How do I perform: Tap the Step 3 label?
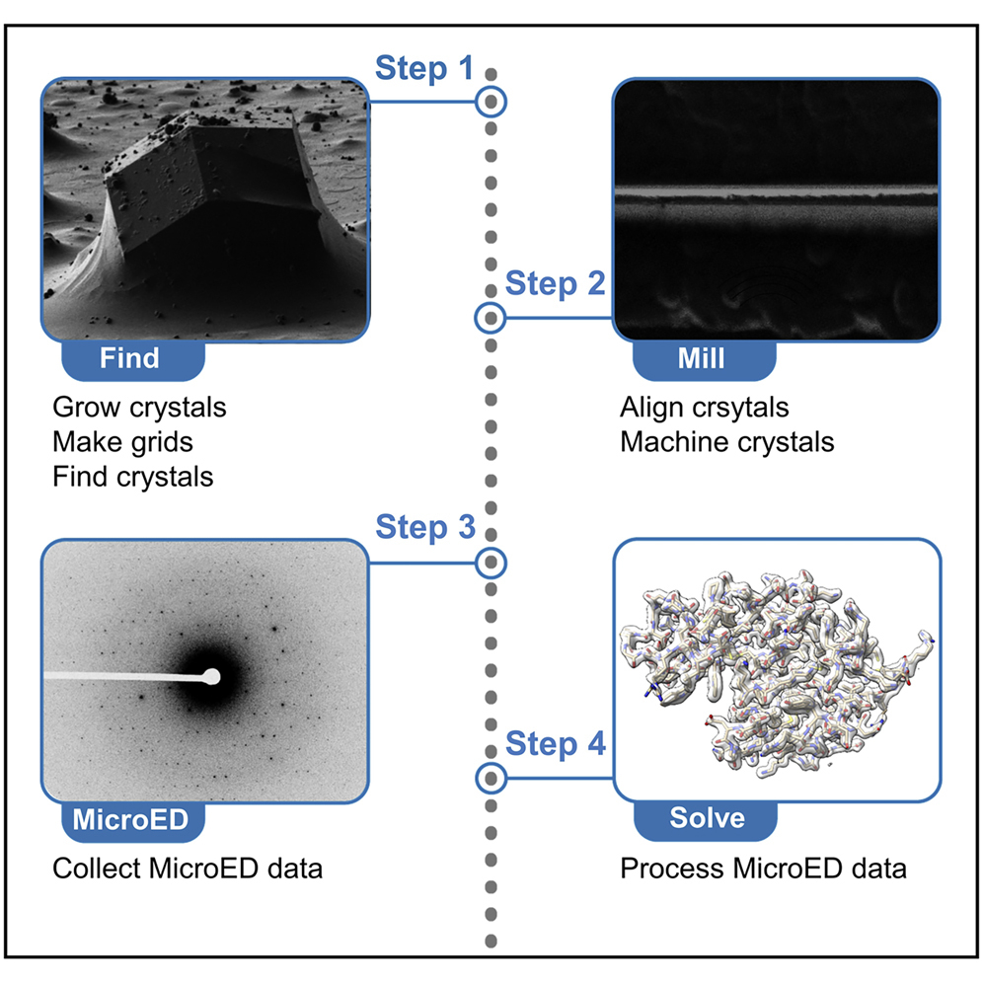[425, 527]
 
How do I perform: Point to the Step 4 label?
[556, 744]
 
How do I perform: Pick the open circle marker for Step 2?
[491, 318]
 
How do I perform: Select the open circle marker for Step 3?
[491, 563]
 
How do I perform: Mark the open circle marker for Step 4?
[491, 779]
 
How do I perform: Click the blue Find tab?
[130, 357]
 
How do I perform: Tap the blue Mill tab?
[701, 357]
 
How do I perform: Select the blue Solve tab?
[707, 818]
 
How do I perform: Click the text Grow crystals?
[139, 407]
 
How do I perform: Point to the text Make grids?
[123, 441]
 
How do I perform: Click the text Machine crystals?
[726, 441]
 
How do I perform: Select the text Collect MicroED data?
[188, 870]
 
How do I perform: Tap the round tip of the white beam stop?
[210, 677]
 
